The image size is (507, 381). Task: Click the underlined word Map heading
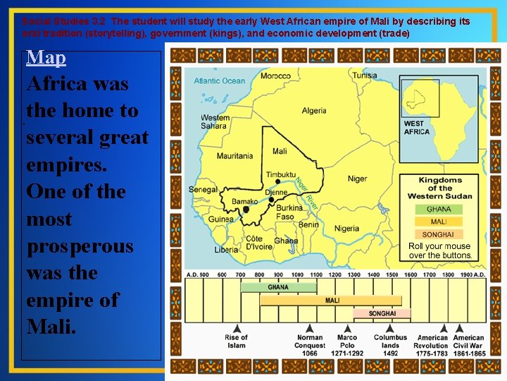click(46, 57)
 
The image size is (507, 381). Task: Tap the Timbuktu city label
click(281, 174)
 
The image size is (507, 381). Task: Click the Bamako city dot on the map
click(246, 209)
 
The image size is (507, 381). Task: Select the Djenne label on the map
click(276, 191)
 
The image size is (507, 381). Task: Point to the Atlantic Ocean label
click(220, 81)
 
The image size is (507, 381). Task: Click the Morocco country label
click(275, 76)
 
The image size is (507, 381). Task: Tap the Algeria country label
click(314, 111)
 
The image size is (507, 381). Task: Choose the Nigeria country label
click(346, 229)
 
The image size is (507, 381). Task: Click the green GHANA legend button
click(439, 210)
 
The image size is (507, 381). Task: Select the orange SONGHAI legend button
click(439, 234)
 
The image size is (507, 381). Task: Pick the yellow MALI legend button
click(439, 222)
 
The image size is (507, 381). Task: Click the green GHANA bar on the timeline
click(277, 287)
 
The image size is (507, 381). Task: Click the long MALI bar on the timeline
click(332, 301)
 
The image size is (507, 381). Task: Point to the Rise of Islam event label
click(237, 341)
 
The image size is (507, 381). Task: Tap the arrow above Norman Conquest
click(310, 328)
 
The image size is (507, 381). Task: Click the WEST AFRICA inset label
click(417, 128)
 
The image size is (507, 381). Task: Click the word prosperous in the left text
click(80, 246)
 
